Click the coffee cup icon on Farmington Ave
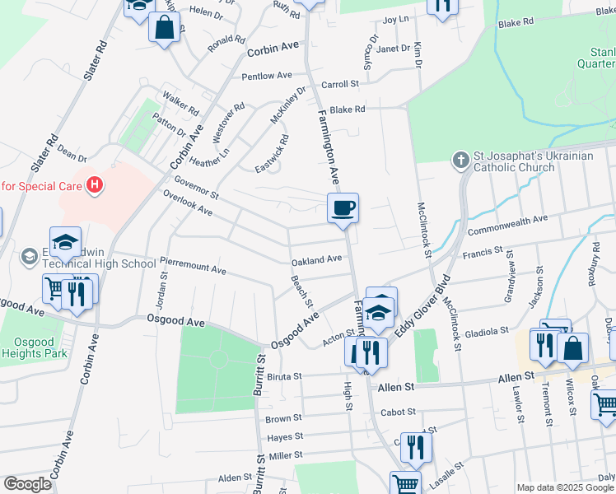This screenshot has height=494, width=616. pos(343,207)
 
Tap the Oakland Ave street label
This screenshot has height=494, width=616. pos(316,260)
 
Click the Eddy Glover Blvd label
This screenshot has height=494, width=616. pos(426,305)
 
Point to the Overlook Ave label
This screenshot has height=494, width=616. pos(188,204)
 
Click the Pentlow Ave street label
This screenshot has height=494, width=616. pos(267,76)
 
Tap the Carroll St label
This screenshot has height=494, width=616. pos(340,84)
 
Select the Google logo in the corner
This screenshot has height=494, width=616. pos(27,484)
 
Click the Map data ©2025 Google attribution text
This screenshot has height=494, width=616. pos(566,487)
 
